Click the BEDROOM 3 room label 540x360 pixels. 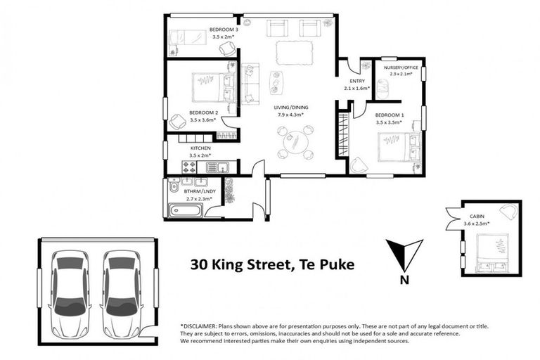tap(223, 30)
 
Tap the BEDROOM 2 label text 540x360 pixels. tap(203, 112)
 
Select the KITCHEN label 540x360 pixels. tap(201, 148)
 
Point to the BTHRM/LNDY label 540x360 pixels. tap(199, 191)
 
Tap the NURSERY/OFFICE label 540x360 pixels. tap(401, 67)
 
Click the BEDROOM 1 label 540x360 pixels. tap(389, 115)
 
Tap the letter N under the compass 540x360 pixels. tap(404, 279)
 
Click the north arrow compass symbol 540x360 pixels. tap(404, 253)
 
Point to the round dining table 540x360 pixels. tap(295, 142)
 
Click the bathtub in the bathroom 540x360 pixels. tap(184, 210)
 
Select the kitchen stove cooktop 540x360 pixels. tap(191, 167)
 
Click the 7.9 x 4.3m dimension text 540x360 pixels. tap(291, 115)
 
